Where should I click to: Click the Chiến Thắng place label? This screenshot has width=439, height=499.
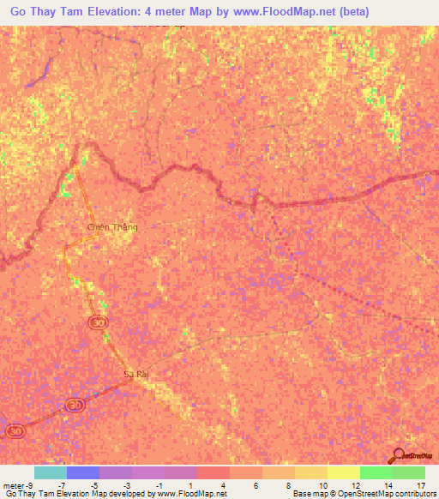pyautogui.click(x=112, y=227)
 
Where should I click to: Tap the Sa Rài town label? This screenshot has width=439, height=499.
pyautogui.click(x=136, y=374)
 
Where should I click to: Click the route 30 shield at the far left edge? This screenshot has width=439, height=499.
pyautogui.click(x=15, y=430)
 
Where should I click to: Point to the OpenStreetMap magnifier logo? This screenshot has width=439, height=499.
pyautogui.click(x=397, y=457)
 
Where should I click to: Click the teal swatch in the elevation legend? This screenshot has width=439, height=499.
pyautogui.click(x=50, y=472)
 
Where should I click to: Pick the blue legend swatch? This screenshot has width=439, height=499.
pyautogui.click(x=82, y=472)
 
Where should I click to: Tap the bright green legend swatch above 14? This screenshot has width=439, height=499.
pyautogui.click(x=376, y=472)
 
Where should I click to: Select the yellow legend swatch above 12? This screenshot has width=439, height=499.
pyautogui.click(x=343, y=472)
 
